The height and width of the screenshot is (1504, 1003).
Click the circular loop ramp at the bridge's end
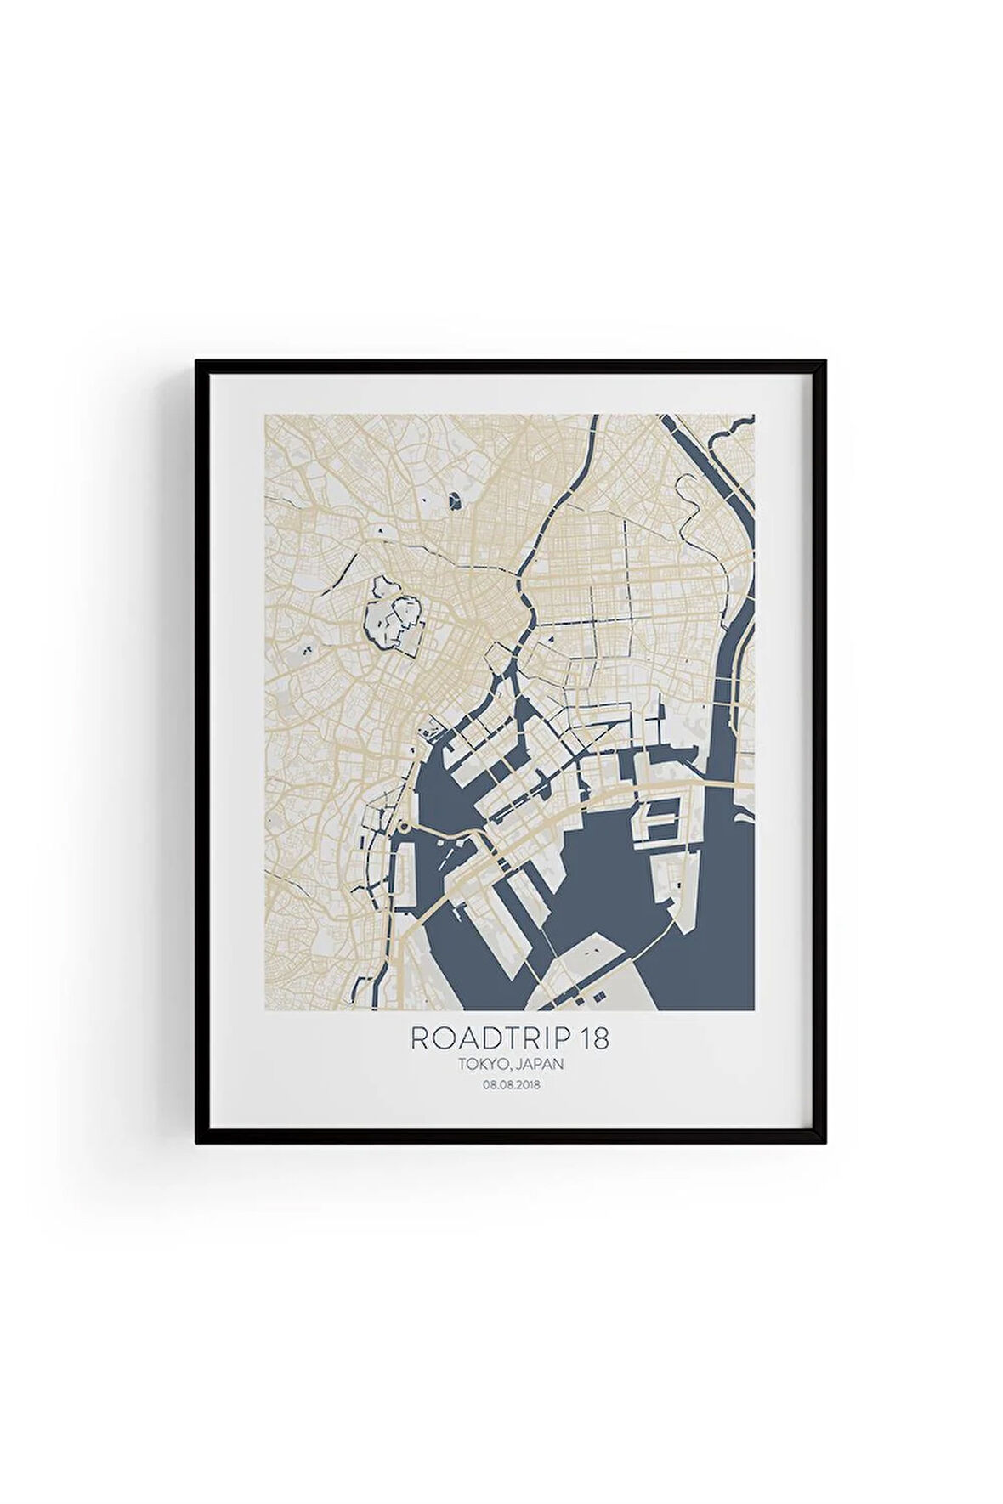[x=405, y=827]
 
